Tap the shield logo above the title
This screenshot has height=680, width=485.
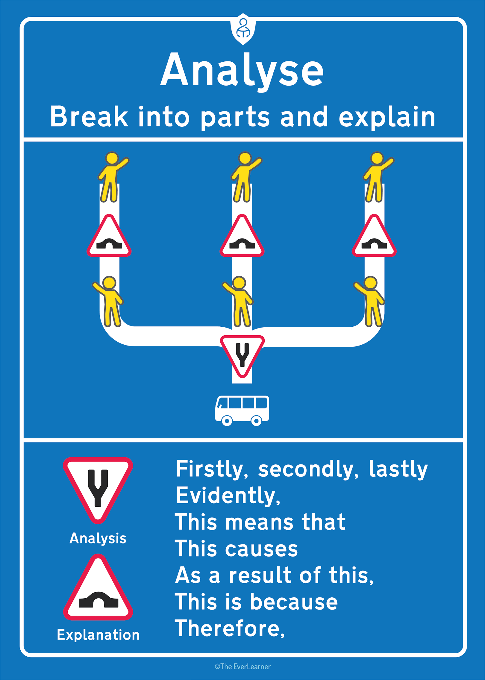pyautogui.click(x=243, y=29)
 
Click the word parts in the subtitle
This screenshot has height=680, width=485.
pyautogui.click(x=235, y=118)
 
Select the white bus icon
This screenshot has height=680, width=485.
pyautogui.click(x=242, y=411)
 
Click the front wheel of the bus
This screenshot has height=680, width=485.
pyautogui.click(x=227, y=421)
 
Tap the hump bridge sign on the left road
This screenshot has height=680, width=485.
pyautogui.click(x=109, y=236)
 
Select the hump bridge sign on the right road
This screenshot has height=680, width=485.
pyautogui.click(x=374, y=236)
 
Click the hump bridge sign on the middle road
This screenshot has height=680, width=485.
pyautogui.click(x=242, y=236)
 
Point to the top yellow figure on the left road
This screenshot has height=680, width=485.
pyautogui.click(x=113, y=177)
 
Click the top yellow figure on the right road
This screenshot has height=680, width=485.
pyautogui.click(x=378, y=177)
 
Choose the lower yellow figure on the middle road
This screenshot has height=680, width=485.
pyautogui.click(x=238, y=301)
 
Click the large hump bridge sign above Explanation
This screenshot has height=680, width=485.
pyautogui.click(x=98, y=587)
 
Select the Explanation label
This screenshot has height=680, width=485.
pyautogui.click(x=98, y=635)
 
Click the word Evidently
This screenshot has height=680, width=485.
pyautogui.click(x=228, y=496)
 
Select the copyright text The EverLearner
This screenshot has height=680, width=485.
pyautogui.click(x=242, y=667)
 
